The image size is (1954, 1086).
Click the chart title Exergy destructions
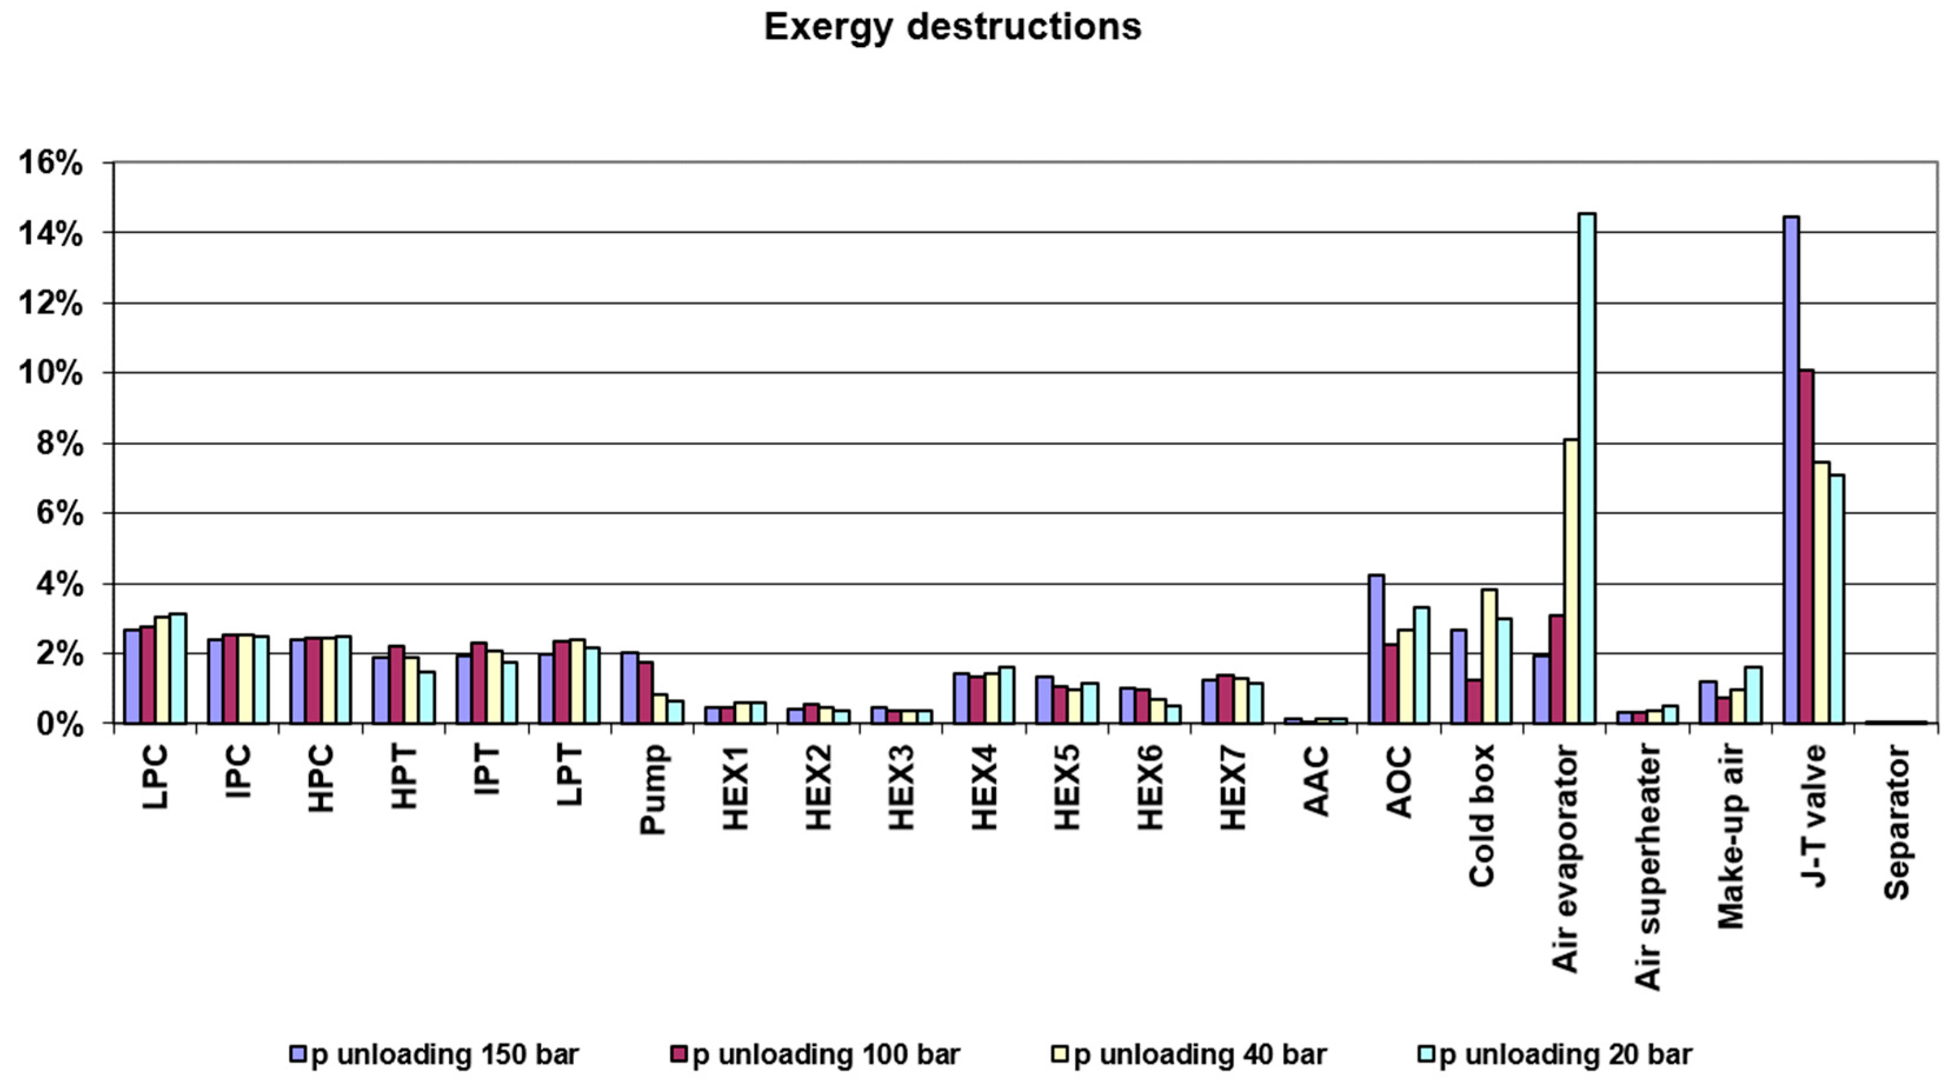[952, 27]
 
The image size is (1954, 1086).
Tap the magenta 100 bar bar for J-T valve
[1806, 546]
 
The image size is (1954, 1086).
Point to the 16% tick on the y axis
[50, 164]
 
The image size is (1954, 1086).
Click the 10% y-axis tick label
[50, 375]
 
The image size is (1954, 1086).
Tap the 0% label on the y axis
[58, 725]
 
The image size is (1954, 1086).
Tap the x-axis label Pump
[653, 789]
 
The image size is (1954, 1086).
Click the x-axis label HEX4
[984, 788]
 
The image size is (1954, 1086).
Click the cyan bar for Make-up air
[1753, 695]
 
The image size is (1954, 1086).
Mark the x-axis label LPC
[155, 777]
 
